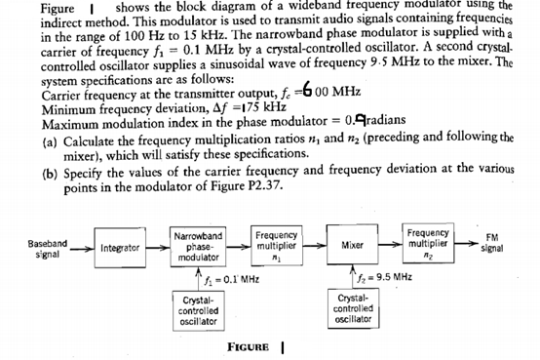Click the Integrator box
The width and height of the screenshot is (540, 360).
[117, 245]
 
